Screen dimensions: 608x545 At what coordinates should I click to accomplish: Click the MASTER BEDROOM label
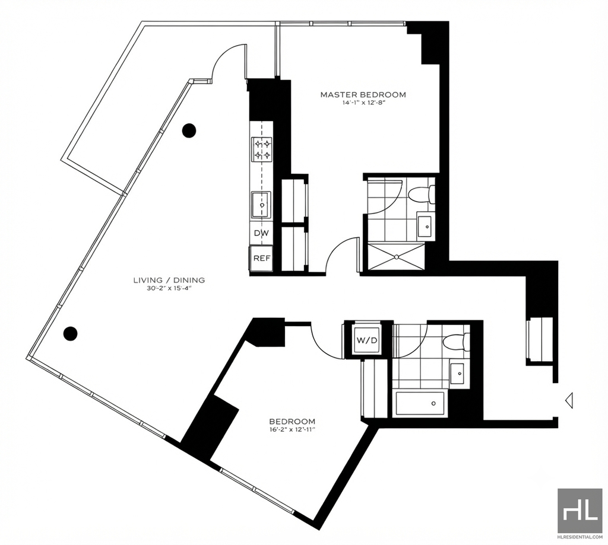click(x=363, y=94)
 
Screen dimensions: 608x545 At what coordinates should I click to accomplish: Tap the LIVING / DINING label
click(x=169, y=280)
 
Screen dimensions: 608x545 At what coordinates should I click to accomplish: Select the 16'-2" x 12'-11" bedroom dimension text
click(x=292, y=429)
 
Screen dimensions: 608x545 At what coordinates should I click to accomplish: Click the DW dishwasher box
click(x=261, y=233)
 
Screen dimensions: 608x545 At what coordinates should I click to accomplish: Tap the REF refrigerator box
click(x=261, y=258)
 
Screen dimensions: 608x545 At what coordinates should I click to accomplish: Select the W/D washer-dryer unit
click(x=366, y=340)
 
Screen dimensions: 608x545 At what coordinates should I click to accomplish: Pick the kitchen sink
click(x=262, y=205)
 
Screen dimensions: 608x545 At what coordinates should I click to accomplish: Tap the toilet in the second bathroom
click(x=456, y=342)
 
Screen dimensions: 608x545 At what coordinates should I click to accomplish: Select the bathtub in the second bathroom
click(x=420, y=404)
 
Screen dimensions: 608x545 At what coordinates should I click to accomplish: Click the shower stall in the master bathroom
click(x=396, y=256)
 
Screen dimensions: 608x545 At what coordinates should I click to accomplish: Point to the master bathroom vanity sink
click(x=426, y=226)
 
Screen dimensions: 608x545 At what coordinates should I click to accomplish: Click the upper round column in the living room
click(x=189, y=130)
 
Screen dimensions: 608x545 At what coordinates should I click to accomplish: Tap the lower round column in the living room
click(x=71, y=333)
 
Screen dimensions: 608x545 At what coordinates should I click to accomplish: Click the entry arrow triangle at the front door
click(x=569, y=400)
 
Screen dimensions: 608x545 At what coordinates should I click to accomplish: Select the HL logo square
click(x=579, y=510)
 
